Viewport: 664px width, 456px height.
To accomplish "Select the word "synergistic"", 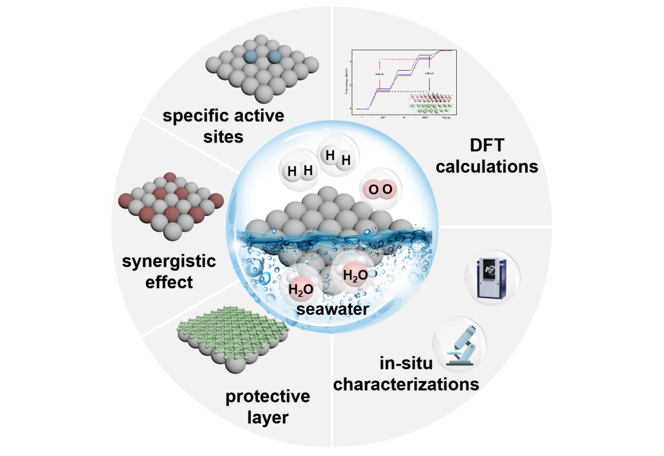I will click(x=170, y=262).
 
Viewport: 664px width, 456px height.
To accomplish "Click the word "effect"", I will click(x=170, y=282).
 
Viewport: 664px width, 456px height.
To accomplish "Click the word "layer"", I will click(x=267, y=418).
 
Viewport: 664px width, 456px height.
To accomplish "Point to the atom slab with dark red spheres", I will click(x=171, y=200).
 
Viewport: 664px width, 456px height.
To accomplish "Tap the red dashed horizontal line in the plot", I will click(x=406, y=60).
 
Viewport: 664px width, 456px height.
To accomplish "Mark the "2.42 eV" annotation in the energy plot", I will click(x=379, y=74).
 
